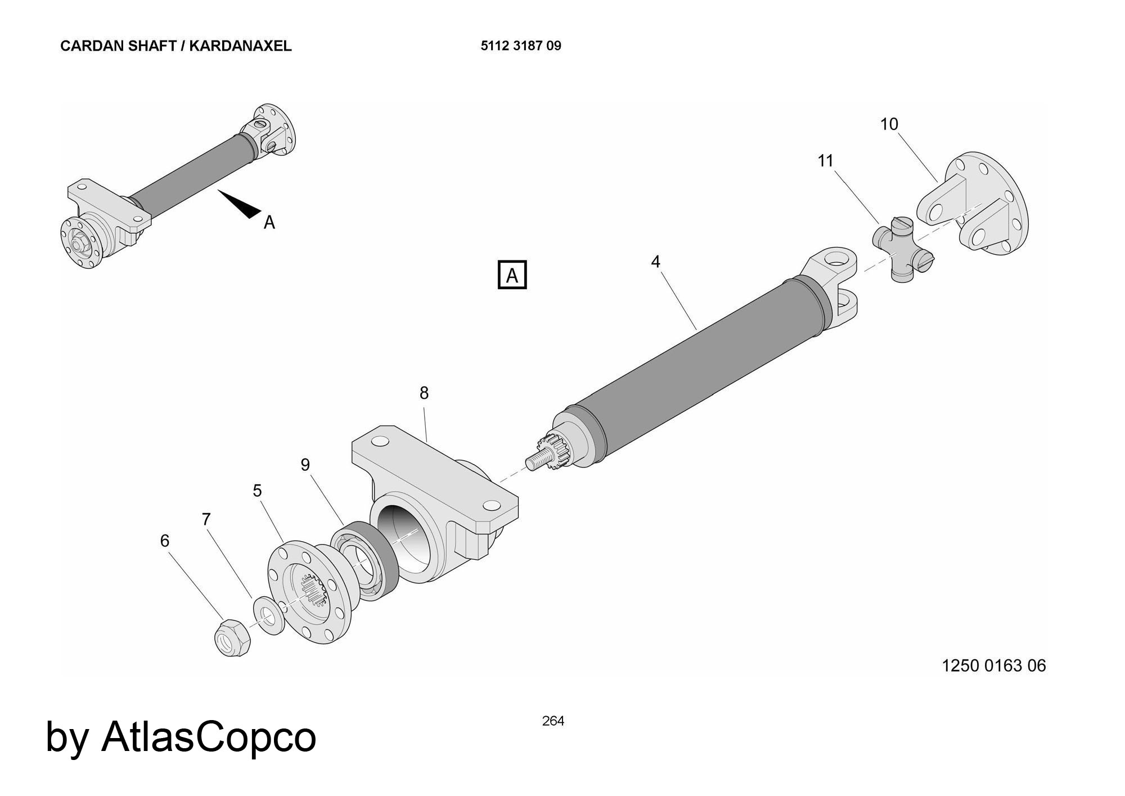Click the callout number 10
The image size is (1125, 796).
889,124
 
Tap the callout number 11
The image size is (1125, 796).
825,161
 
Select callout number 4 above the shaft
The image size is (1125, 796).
655,262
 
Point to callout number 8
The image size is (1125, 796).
424,393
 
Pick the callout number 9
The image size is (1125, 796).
305,465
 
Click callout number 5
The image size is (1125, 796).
257,491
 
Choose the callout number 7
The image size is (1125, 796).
206,519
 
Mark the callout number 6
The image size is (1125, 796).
164,541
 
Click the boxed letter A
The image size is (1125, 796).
512,275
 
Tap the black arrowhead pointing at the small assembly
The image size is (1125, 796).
242,205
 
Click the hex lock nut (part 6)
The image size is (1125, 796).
232,637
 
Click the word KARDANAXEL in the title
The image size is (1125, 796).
240,46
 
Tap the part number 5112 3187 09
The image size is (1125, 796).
520,46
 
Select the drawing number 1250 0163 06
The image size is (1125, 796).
993,665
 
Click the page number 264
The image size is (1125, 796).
553,721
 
